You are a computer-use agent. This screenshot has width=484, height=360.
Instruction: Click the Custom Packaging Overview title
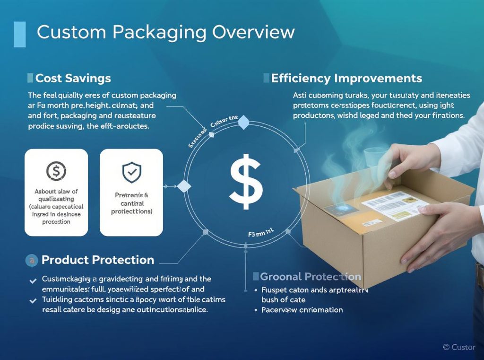click(x=165, y=32)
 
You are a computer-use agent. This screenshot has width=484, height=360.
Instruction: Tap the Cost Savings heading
click(x=73, y=78)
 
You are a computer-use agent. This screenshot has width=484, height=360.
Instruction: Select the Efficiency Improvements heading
click(x=346, y=78)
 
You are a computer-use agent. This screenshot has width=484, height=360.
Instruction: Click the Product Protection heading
click(x=97, y=260)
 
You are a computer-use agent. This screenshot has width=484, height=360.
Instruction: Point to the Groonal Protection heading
click(x=311, y=277)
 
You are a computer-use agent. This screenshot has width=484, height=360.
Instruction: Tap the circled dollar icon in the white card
click(x=56, y=171)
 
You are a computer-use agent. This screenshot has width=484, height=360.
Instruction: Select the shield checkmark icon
click(x=131, y=172)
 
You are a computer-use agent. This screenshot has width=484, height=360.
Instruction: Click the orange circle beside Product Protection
click(x=32, y=260)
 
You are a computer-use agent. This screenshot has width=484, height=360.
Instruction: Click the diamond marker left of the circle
click(x=183, y=186)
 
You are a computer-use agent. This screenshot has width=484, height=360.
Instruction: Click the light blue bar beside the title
click(x=20, y=34)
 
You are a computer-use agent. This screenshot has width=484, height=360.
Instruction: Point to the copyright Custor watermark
click(x=459, y=347)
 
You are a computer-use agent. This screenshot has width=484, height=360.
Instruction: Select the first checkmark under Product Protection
click(x=33, y=281)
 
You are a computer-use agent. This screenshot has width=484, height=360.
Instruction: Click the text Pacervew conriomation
click(x=302, y=310)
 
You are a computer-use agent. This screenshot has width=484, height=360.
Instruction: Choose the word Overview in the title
click(x=253, y=32)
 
